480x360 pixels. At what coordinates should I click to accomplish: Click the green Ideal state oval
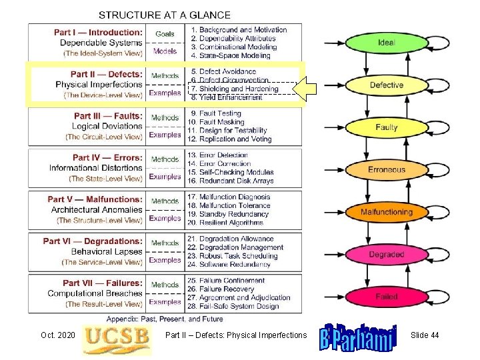coord(386,43)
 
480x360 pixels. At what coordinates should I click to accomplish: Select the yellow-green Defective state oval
coord(386,85)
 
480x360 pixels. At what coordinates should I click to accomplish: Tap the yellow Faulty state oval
coord(386,127)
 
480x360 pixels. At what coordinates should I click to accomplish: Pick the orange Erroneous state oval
coord(386,170)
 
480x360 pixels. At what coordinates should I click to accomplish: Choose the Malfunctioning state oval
coord(386,212)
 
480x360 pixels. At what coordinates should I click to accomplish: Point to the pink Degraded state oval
coord(386,255)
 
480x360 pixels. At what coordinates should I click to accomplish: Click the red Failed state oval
coord(386,297)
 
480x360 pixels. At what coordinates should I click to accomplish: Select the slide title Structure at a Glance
coord(165,15)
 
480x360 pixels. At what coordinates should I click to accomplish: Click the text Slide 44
coord(425,335)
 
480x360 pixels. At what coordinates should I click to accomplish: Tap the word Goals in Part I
coord(165,33)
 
